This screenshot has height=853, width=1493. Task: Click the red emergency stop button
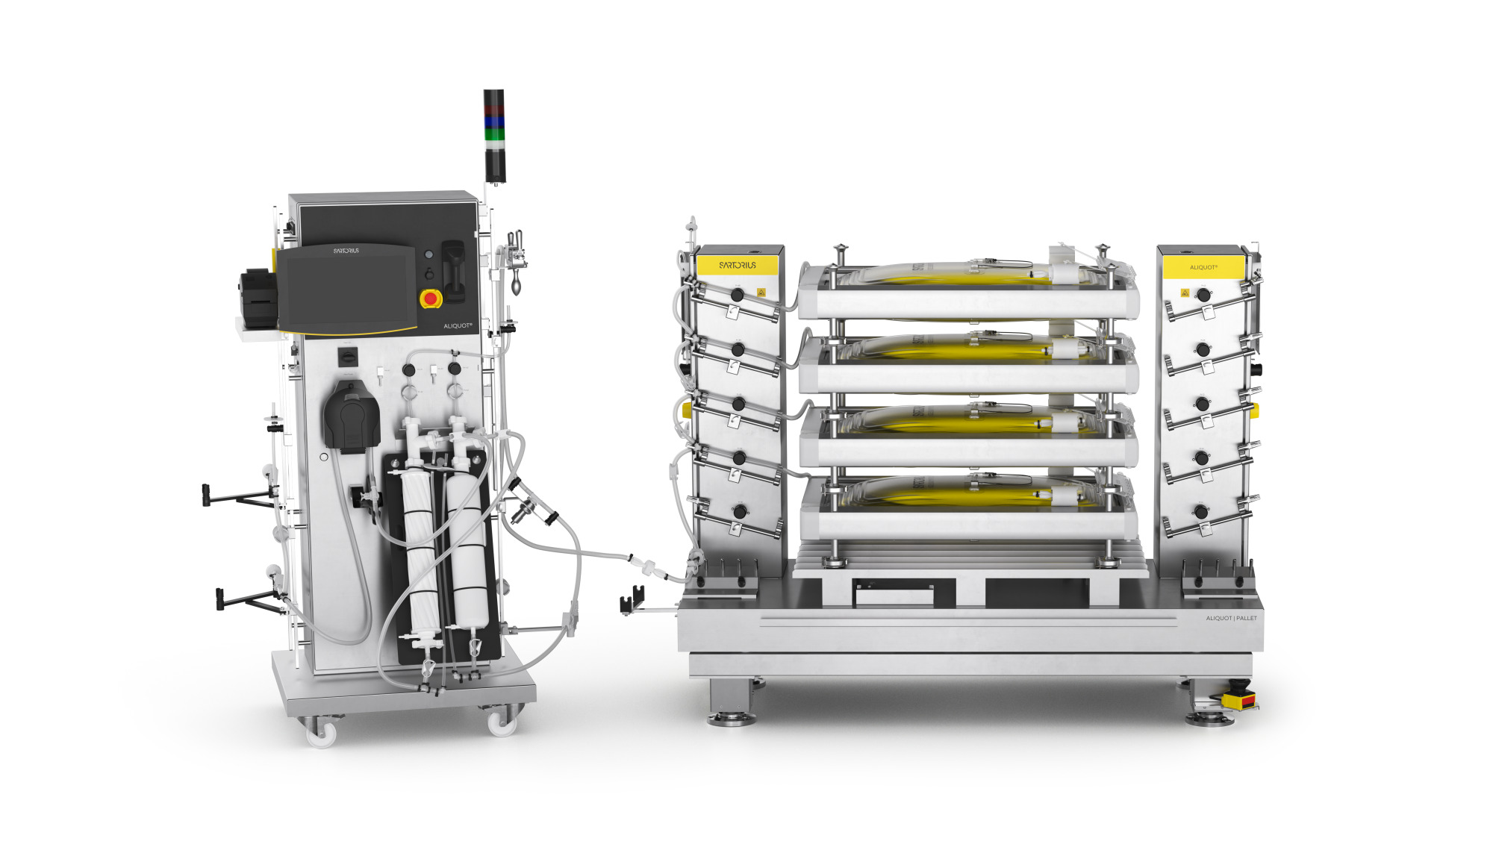tap(430, 299)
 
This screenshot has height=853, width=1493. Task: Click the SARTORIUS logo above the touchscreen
tap(346, 251)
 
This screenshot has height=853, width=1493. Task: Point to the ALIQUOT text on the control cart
tap(458, 325)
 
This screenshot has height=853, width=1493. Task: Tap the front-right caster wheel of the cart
tap(501, 722)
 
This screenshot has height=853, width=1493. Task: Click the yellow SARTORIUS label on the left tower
tap(737, 265)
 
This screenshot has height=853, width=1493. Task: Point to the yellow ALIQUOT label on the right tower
tap(1203, 267)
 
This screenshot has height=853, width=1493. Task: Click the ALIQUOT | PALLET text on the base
tap(1231, 618)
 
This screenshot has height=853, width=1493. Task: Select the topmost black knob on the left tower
tap(737, 295)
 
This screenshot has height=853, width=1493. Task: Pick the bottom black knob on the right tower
tap(1201, 512)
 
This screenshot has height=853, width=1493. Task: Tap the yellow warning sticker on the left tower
tap(761, 293)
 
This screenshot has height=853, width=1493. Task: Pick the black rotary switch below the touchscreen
tap(348, 356)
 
